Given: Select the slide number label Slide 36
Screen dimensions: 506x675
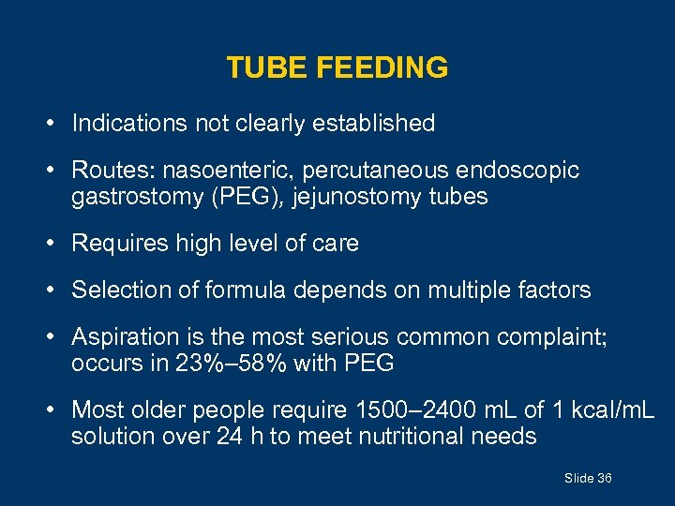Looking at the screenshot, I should pyautogui.click(x=588, y=479).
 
